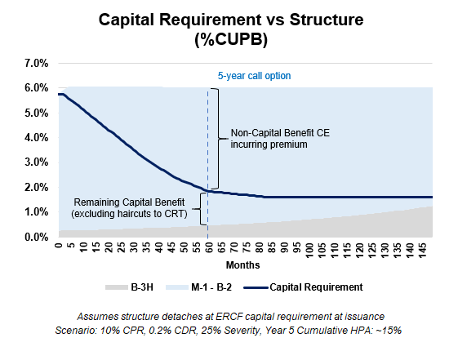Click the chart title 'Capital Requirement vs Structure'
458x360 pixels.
231,20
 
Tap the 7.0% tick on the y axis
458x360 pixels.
37,63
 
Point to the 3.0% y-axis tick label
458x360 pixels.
37,162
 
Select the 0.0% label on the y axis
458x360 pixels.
37,237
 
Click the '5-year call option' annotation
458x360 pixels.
254,76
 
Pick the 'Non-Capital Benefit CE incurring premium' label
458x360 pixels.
280,139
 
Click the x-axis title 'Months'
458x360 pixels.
242,265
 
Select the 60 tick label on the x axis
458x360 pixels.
208,247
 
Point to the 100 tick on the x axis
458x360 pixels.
309,251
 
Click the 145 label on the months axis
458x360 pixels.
422,251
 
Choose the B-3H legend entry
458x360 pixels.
129,287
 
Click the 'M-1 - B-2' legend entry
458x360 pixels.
198,287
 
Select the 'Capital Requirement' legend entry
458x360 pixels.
303,287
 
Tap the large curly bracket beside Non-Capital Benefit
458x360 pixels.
219,139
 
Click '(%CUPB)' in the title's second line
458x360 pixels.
231,39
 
